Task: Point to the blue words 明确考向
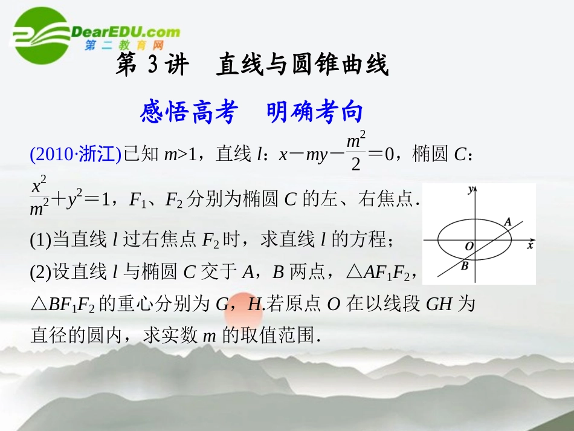(x=315, y=112)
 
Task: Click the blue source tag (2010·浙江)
(x=76, y=155)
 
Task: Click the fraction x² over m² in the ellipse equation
(x=40, y=199)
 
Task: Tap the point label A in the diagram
(x=508, y=222)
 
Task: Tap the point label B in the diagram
(x=464, y=265)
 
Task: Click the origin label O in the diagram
(x=468, y=247)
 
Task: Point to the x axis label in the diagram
(x=530, y=246)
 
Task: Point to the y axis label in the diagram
(x=470, y=190)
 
